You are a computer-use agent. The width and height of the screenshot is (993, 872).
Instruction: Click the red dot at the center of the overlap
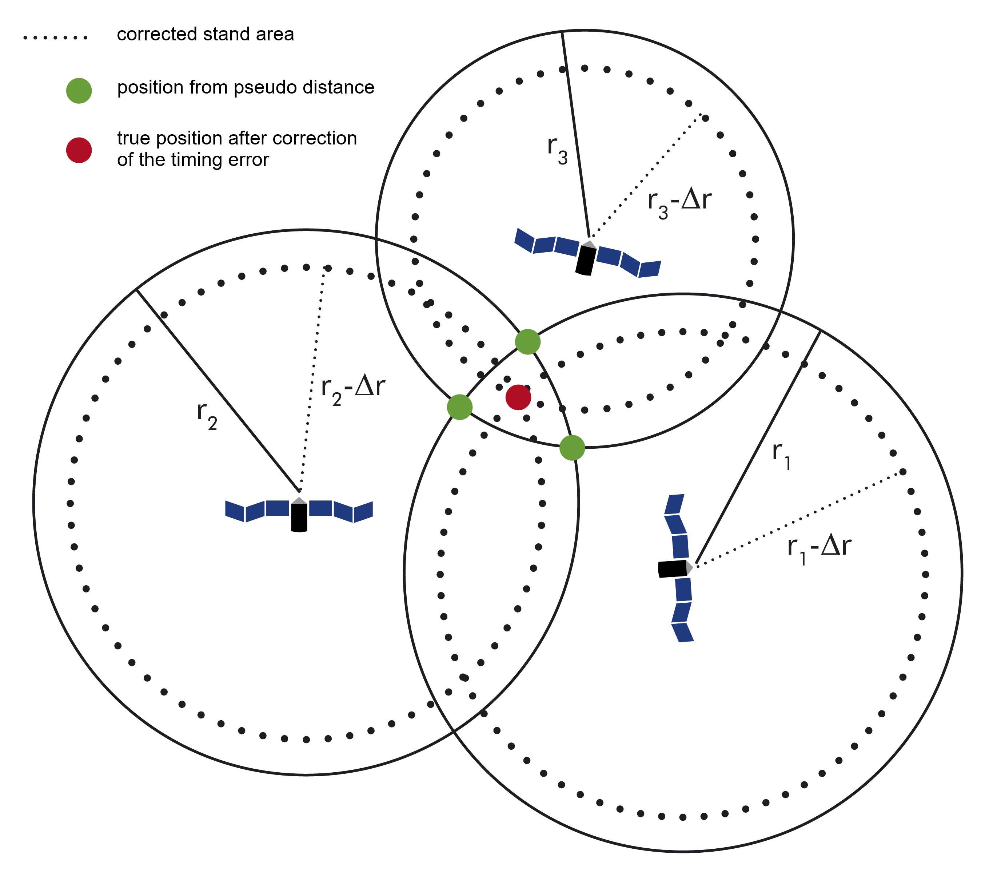click(518, 397)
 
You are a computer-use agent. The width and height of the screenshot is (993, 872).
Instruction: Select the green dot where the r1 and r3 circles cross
click(527, 342)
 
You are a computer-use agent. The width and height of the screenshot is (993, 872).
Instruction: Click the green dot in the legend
click(79, 91)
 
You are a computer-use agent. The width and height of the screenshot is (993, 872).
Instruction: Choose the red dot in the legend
click(79, 150)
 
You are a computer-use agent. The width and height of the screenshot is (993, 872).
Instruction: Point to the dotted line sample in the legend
click(55, 37)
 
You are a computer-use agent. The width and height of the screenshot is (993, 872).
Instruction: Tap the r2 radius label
click(207, 416)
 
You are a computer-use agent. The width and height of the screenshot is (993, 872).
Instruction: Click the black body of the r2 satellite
click(299, 518)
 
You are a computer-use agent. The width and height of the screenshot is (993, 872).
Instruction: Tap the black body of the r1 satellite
click(671, 569)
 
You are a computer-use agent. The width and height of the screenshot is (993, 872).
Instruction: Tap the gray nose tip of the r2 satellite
click(300, 500)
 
